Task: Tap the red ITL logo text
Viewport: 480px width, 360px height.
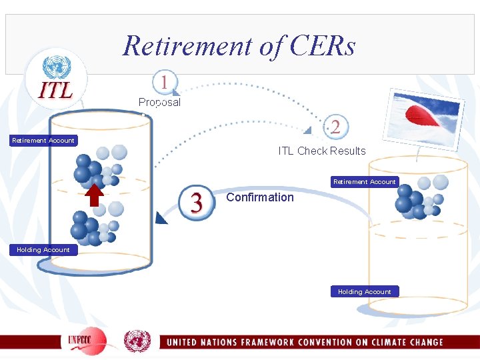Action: pos(57,90)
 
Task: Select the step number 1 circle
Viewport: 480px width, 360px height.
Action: pos(164,83)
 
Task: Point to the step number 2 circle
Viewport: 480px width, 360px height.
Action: pos(335,127)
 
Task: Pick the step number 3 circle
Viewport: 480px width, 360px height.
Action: pos(197,201)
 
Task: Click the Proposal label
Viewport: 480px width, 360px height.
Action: pos(159,102)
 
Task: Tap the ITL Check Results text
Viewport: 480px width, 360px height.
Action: pos(322,151)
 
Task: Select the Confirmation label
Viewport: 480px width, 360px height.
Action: pos(260,197)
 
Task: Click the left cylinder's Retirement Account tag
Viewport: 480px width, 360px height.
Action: pos(43,140)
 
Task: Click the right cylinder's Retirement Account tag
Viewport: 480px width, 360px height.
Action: pos(364,181)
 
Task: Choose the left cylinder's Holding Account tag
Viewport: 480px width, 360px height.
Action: pos(43,249)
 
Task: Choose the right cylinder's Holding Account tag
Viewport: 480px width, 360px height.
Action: pos(364,291)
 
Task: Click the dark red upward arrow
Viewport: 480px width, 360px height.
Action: pos(95,194)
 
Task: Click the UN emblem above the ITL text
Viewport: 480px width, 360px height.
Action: pos(57,67)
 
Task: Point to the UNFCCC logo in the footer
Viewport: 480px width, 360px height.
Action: pos(87,341)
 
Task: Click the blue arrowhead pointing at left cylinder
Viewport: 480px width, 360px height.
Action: pos(160,217)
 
